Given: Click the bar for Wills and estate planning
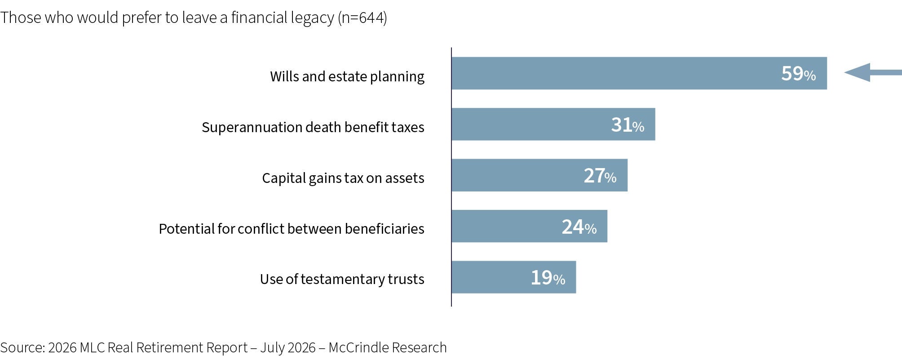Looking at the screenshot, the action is tap(639, 73).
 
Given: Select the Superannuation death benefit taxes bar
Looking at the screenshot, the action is tap(553, 124).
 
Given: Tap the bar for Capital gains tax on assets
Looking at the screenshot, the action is tap(539, 175).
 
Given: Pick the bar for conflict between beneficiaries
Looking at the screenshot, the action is tap(530, 226).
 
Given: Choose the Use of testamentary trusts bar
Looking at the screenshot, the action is tap(514, 277).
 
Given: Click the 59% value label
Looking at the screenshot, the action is tap(798, 74).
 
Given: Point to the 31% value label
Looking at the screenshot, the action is tap(628, 125).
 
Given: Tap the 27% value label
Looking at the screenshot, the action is tap(600, 176).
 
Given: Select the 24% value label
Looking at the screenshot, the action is tap(579, 227).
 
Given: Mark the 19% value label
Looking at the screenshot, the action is tap(548, 278).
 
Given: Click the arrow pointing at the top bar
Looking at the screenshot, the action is tap(873, 72).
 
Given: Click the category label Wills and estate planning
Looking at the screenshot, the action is tap(347, 76).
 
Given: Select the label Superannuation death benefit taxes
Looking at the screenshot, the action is tap(313, 127).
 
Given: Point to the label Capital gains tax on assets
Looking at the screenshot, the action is tap(343, 178).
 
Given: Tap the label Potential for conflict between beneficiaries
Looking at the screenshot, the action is tap(292, 229).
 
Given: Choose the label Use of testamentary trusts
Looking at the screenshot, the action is tap(342, 279).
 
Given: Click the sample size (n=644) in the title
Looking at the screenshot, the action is tap(363, 18).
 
